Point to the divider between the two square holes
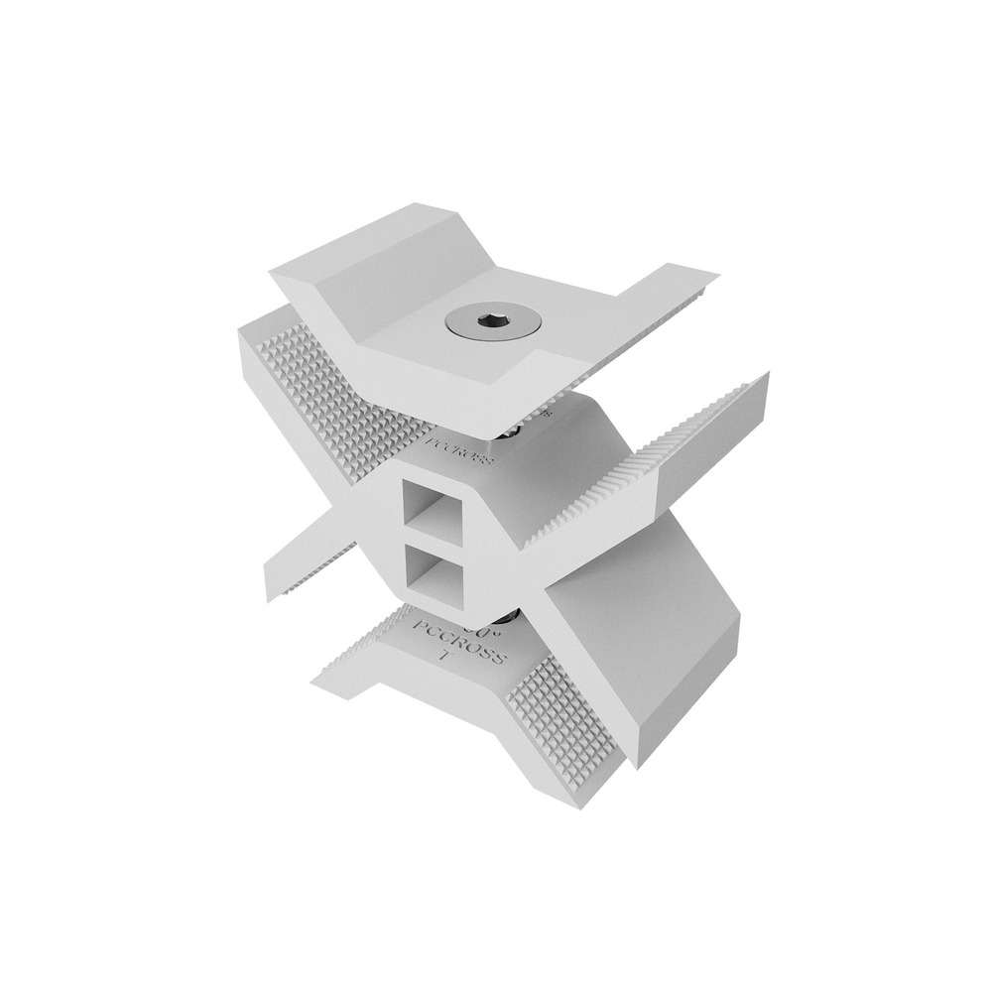click(437, 539)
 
